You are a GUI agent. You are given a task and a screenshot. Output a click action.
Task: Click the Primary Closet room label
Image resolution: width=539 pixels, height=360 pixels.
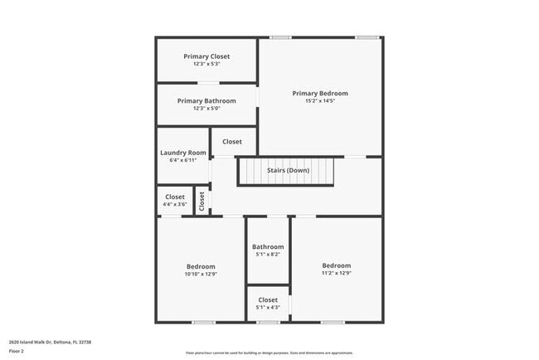tap(206, 56)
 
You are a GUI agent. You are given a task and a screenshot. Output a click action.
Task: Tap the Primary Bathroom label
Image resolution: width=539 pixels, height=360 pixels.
tap(206, 100)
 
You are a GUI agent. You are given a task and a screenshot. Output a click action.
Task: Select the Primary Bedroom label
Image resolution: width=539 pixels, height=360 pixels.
tap(320, 94)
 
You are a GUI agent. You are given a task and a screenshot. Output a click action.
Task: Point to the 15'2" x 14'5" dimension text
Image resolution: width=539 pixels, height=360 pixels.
tap(320, 101)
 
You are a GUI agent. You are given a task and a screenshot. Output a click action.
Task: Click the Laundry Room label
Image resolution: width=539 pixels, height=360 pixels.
tap(183, 153)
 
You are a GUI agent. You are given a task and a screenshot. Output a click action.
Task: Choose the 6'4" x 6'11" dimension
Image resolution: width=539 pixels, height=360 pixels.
tap(183, 160)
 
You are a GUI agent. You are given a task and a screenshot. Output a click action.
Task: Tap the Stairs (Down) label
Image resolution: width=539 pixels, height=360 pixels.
tap(288, 171)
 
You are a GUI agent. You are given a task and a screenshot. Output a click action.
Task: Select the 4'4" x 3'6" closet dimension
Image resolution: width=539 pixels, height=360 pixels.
tap(175, 204)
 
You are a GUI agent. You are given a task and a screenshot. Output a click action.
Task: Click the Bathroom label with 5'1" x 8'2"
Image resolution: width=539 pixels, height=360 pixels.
tap(268, 246)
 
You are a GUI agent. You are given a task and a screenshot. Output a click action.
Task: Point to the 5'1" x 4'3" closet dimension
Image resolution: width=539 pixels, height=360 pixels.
tap(268, 308)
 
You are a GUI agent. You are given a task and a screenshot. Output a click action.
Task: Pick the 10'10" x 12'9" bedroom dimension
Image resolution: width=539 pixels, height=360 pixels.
tap(201, 274)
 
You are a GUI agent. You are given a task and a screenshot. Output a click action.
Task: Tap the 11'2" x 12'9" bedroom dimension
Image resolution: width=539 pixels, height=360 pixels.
tap(336, 273)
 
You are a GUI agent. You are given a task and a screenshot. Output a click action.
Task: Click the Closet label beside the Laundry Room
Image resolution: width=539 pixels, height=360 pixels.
tap(232, 142)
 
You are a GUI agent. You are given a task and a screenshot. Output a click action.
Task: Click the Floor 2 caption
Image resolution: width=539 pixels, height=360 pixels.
tap(17, 351)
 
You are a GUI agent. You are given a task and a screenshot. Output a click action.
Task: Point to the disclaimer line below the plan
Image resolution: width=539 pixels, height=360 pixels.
tap(269, 353)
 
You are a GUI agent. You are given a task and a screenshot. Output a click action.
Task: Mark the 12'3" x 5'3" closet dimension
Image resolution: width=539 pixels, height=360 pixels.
tap(206, 64)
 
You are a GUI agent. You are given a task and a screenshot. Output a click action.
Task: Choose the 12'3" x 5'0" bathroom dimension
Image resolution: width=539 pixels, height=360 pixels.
tap(206, 108)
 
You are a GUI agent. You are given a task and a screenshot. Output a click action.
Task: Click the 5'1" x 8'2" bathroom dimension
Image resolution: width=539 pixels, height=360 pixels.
tap(268, 254)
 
